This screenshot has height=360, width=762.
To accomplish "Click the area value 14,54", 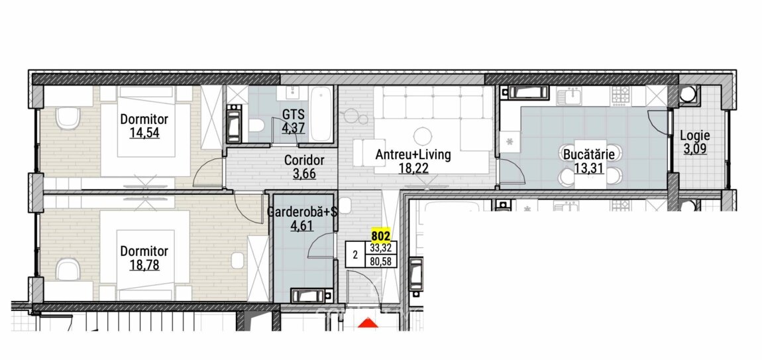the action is tap(144, 133).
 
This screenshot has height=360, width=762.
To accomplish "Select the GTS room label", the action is tap(294, 115).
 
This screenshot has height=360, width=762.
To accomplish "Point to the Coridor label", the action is tap(304, 160).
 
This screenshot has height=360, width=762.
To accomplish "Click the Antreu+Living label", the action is tap(413, 154).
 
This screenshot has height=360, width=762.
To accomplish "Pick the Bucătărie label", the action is tap(589, 154).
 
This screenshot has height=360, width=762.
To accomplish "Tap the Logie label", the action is tap(695, 136).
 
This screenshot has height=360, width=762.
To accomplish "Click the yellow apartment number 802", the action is tap(380, 236).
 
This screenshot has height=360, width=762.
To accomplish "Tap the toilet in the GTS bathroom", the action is tap(256, 125).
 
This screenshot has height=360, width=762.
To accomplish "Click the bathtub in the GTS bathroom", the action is tap(321, 114).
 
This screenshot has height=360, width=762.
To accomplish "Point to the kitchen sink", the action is tap(570, 96).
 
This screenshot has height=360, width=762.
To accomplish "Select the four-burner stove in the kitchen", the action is tap(621, 96).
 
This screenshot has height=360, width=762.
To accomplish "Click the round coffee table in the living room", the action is tap(423, 136).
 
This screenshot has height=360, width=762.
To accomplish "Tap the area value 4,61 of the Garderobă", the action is tap(301, 225).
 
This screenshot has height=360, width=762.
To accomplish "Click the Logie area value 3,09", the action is tap(695, 149).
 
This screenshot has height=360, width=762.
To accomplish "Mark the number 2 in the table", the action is tap(355, 255).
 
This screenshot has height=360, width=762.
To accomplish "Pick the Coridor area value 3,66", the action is tap(304, 173).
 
